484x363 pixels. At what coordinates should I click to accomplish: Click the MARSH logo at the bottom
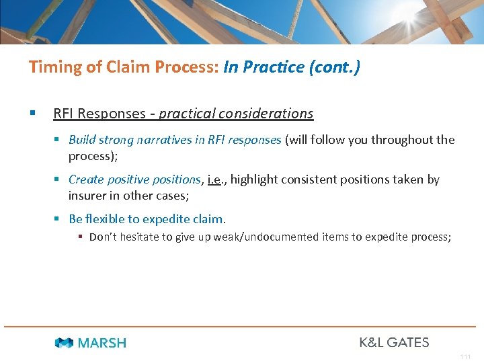[91, 343]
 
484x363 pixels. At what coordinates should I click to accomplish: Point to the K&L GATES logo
[394, 342]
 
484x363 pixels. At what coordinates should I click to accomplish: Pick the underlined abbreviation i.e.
[218, 179]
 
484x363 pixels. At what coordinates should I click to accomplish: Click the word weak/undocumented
[264, 237]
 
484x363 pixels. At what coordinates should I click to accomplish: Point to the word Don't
[102, 237]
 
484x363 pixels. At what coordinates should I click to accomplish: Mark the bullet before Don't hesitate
[80, 237]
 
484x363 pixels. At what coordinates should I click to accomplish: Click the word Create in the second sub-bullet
[85, 179]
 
